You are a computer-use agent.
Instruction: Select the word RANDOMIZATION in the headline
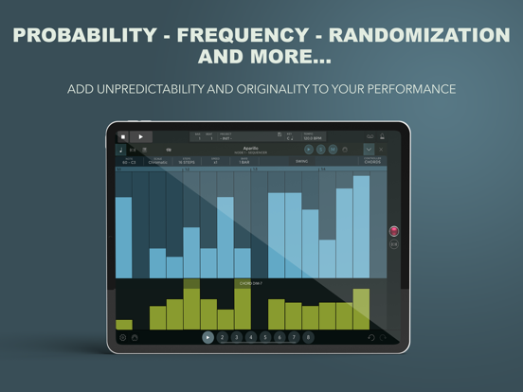click(x=438, y=35)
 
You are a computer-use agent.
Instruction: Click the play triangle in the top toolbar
click(x=141, y=136)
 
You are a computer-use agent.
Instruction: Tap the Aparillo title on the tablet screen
click(x=250, y=149)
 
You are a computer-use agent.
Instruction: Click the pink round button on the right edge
click(x=394, y=231)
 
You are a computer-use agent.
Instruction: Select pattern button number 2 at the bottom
click(x=223, y=337)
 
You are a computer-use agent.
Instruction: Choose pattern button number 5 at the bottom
click(x=265, y=337)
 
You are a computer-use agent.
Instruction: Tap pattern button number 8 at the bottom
click(x=308, y=337)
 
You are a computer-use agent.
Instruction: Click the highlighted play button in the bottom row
click(x=208, y=337)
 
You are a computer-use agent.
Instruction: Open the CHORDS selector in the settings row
click(x=372, y=161)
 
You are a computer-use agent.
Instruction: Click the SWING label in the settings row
click(x=301, y=161)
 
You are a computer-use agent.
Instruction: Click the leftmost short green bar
click(x=124, y=324)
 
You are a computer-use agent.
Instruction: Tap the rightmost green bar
click(x=361, y=309)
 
